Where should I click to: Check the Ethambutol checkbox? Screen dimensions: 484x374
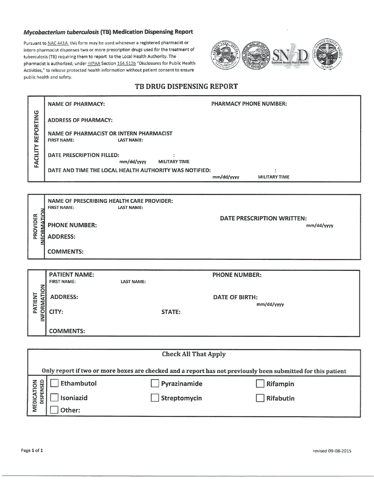[x=55, y=383]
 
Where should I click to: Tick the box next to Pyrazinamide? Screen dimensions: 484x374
[x=155, y=384]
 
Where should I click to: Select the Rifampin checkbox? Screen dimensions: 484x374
[x=260, y=384]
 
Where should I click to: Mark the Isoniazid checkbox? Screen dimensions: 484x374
[x=55, y=398]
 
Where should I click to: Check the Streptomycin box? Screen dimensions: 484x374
[x=155, y=398]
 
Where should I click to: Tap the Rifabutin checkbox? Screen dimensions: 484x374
[x=260, y=398]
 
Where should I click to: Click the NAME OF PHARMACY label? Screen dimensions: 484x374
[x=76, y=104]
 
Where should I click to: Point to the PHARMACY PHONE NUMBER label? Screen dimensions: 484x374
[x=249, y=104]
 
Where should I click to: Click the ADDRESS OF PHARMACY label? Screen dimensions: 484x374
[x=80, y=120]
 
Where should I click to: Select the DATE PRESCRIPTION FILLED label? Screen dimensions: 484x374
[x=83, y=155]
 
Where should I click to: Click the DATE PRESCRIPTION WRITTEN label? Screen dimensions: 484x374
[x=263, y=218]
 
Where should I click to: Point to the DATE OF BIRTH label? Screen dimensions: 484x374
[x=235, y=297]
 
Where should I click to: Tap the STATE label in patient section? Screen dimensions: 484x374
[x=171, y=312]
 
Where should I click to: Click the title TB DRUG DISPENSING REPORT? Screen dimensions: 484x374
[x=186, y=87]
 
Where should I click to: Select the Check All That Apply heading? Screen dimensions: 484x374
[x=194, y=354]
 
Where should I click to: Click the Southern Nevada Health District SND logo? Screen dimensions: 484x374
[x=290, y=56]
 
